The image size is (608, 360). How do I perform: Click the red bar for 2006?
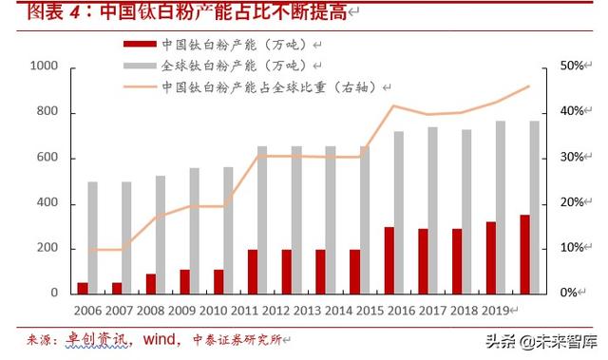coord(83,287)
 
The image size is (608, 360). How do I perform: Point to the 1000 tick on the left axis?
coord(44,66)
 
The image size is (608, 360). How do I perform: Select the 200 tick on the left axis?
coord(47,249)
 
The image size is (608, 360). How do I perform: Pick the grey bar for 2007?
coord(126,237)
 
